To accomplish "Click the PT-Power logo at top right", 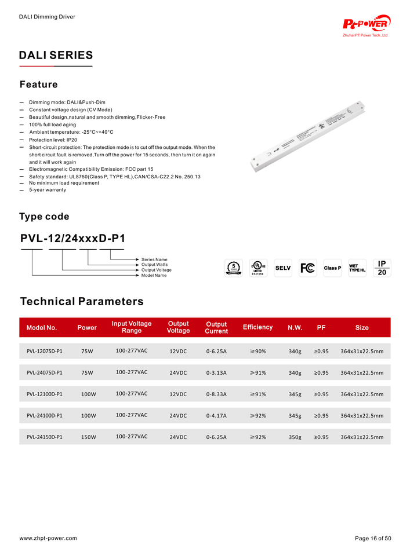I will click(365, 24).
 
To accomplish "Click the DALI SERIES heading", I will click(56, 56).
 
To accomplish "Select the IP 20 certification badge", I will click(382, 268).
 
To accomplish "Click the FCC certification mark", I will click(307, 268).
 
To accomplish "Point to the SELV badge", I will click(283, 268).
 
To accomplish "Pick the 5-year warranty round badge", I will click(233, 268).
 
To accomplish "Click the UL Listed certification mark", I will click(257, 268).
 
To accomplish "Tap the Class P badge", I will click(332, 268).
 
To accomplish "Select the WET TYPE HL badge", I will click(357, 268).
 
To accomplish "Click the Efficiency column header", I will click(257, 327).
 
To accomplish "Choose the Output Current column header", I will click(216, 327).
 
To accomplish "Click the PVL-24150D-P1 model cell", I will click(45, 437).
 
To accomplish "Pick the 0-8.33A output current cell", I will click(216, 394).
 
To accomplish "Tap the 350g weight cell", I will click(295, 437).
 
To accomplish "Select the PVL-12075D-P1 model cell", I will click(45, 351).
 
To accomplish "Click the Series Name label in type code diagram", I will click(154, 259).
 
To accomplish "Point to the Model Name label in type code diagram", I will click(154, 275).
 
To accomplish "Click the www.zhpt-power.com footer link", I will click(48, 538).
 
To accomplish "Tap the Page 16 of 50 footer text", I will click(373, 538).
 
